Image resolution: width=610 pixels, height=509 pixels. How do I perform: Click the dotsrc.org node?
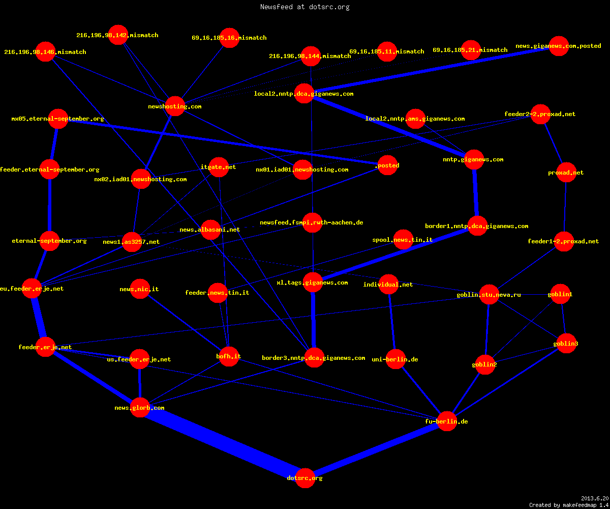305,478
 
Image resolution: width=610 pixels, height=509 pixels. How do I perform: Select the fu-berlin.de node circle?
447,421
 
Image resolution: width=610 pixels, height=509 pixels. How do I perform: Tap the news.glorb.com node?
140,408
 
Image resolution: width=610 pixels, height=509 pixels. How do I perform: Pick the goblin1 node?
560,294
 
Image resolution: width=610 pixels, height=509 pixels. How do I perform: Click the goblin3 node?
566,343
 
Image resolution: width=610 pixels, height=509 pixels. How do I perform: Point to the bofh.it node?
229,356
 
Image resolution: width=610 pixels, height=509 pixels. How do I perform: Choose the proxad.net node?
566,173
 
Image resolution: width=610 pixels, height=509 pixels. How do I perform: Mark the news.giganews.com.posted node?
559,46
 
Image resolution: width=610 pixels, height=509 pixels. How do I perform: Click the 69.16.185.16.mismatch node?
229,38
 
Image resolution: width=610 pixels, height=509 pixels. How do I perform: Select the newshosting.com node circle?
175,106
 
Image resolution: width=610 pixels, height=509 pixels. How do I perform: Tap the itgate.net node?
219,167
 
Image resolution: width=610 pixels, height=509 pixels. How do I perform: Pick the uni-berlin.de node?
395,359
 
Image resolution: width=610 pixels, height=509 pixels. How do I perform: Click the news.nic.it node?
140,289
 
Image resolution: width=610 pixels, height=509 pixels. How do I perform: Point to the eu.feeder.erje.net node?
32,289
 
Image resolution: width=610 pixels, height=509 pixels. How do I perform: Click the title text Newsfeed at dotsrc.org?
304,7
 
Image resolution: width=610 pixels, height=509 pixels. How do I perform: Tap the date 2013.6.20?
595,498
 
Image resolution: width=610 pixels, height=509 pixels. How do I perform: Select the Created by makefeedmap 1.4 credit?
569,505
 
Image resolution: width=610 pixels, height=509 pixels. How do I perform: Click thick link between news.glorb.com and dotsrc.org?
222,443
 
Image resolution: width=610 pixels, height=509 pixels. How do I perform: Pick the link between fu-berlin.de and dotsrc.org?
376,449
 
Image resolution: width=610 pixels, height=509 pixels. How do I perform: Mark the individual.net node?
388,285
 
